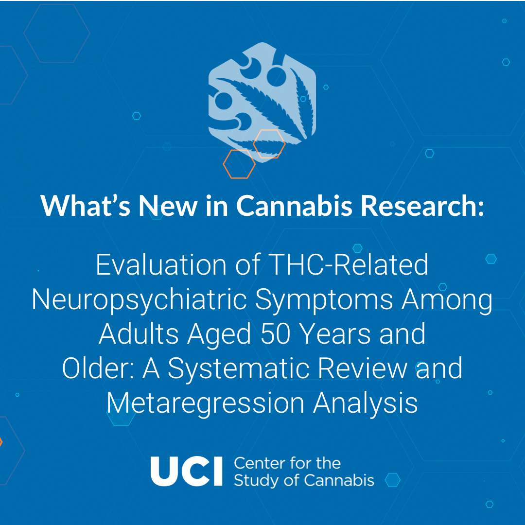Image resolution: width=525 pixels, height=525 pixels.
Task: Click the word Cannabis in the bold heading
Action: click(x=294, y=205)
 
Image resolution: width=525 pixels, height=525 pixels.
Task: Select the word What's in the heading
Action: click(x=86, y=205)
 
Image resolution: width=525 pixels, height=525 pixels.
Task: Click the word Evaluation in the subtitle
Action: click(x=161, y=265)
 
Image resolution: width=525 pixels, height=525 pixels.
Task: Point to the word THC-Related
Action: click(x=348, y=265)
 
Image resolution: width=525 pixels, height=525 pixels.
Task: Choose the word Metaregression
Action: click(x=205, y=403)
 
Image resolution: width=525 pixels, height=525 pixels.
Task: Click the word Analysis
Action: click(x=365, y=403)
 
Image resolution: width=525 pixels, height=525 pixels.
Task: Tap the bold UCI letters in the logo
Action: click(x=187, y=472)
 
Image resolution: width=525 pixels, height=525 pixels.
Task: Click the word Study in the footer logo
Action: click(x=257, y=481)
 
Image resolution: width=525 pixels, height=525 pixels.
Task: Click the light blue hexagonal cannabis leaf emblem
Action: click(x=262, y=101)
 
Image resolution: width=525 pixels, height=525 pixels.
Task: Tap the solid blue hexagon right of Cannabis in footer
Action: click(x=392, y=480)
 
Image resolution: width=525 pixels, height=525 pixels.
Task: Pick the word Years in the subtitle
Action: click(x=334, y=334)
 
